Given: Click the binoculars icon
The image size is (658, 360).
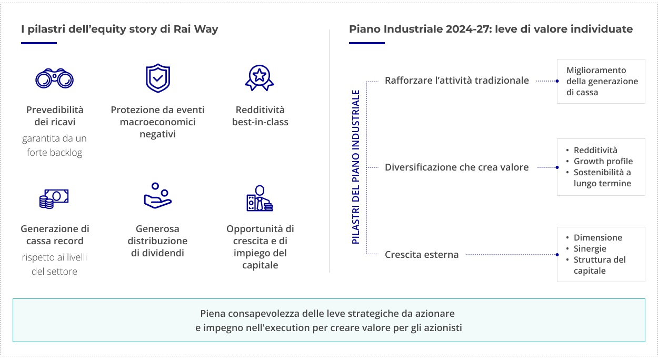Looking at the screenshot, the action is coord(54,78).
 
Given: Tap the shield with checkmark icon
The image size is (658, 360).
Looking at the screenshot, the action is coord(158,78).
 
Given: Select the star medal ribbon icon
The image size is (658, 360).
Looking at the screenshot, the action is coord(260,78).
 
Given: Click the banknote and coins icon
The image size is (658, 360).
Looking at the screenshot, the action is coord(54,199).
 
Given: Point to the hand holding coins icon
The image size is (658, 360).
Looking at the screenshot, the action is coord(158,196).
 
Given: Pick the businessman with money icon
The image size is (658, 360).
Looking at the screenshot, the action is coord(260,198).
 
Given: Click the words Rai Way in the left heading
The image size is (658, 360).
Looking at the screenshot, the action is coord(196,29).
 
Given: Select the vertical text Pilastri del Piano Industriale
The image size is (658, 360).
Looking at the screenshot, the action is coord(356,167).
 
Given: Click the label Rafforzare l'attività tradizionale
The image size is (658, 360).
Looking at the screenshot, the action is coord(457,81).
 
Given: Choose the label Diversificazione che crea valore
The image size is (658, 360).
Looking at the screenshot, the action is coord(457,167).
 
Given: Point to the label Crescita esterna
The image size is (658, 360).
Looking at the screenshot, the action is coord(422,255).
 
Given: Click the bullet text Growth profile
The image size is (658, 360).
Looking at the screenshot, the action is coord(603,161).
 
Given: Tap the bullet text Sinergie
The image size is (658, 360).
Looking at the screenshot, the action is coord(590,249).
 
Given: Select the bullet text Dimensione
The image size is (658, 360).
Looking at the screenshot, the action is coord(598,237).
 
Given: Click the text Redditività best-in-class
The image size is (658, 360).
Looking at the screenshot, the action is coord(260,116).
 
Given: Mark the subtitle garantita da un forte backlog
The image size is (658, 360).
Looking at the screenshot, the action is coord(54,145).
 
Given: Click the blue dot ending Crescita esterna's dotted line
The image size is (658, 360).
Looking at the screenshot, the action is coord(557,255).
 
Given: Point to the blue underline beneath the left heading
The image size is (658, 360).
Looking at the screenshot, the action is coord(39,43).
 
